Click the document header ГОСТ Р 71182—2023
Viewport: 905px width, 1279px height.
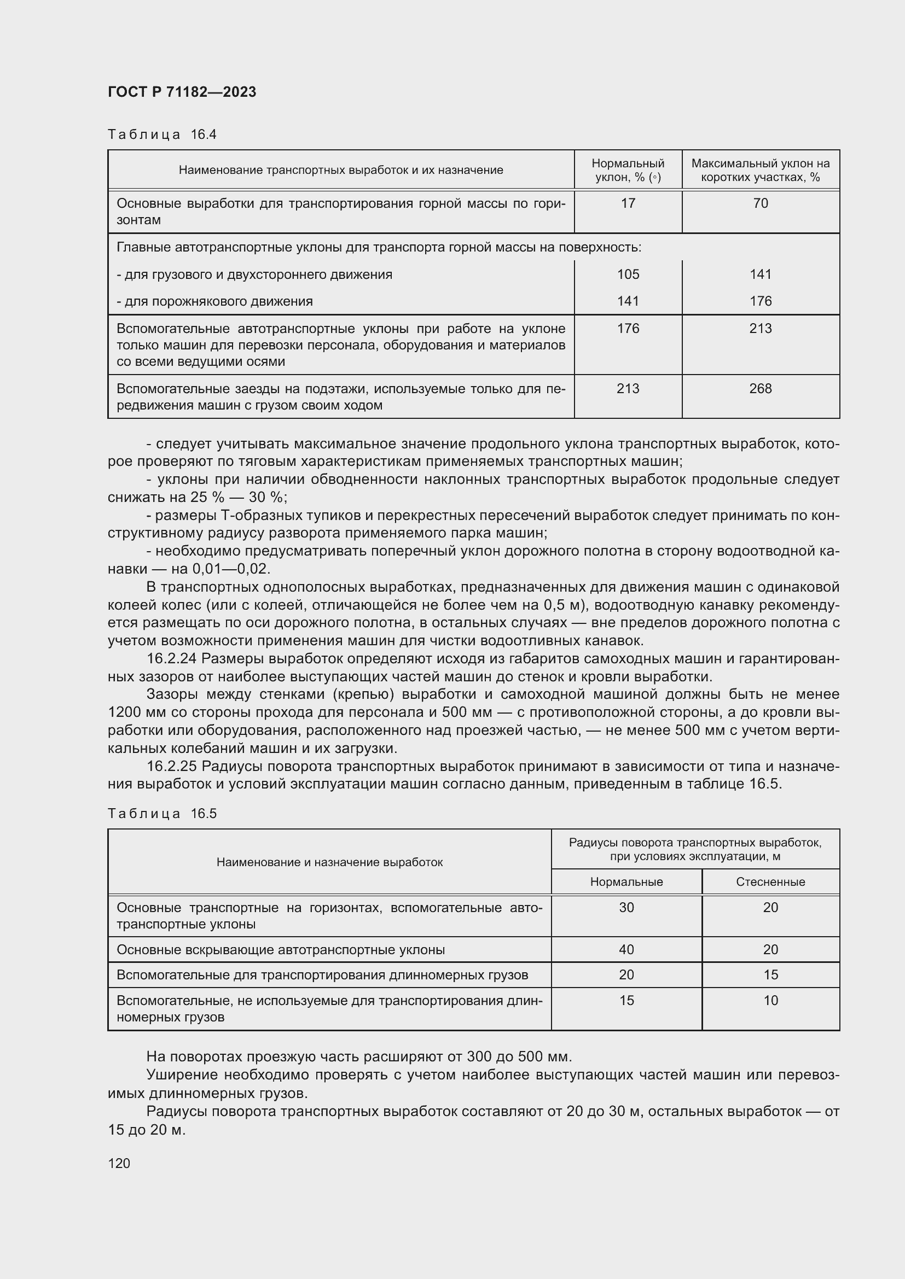[x=182, y=92]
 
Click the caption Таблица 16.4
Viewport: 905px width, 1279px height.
[x=161, y=135]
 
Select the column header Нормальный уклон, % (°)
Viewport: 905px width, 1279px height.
[x=628, y=170]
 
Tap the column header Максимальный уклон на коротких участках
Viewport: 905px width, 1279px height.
[x=760, y=170]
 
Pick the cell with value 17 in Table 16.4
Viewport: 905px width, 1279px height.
[x=628, y=203]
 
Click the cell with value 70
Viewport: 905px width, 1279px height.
[x=760, y=203]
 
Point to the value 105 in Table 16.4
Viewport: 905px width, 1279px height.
[x=628, y=274]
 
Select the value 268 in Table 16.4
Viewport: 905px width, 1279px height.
[x=760, y=388]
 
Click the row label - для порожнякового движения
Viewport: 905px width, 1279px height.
[x=214, y=301]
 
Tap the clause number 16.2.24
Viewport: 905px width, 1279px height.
[x=172, y=658]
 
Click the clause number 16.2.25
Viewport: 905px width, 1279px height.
[x=172, y=766]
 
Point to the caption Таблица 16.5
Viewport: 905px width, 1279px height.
[x=161, y=813]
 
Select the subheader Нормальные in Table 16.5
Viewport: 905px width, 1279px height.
[x=626, y=882]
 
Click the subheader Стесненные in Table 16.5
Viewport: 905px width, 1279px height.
[x=770, y=882]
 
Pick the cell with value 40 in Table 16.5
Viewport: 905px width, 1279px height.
[x=626, y=949]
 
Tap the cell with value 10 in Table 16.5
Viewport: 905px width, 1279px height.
[x=770, y=1001]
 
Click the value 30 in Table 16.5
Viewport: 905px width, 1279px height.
[x=626, y=908]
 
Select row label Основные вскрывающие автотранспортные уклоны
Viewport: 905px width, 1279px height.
[x=280, y=949]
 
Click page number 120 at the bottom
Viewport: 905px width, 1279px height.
[x=119, y=1163]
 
